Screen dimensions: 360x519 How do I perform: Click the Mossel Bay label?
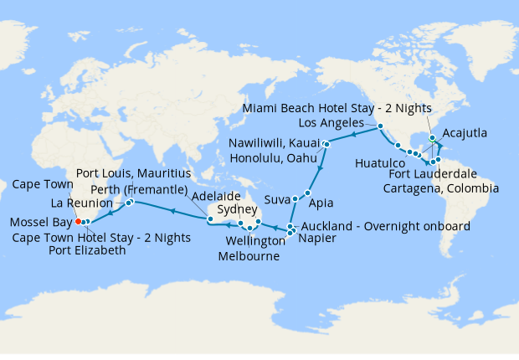coord(39,223)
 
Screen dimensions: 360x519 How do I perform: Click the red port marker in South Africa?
coord(77,222)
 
